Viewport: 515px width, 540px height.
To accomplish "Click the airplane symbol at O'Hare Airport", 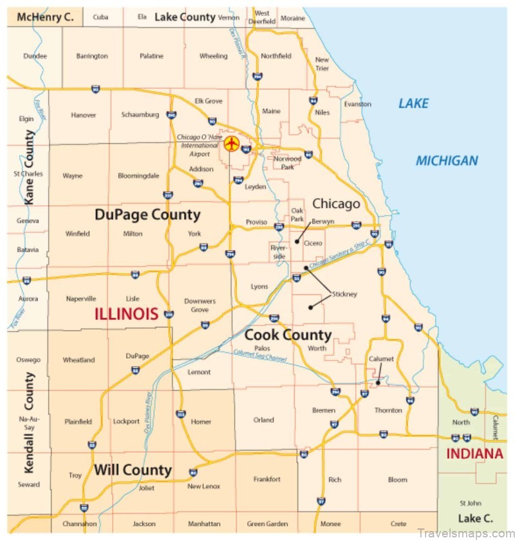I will [x=231, y=142].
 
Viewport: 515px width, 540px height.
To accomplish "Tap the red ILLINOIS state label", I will [x=126, y=314].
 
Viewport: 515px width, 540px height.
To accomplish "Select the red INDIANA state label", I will [x=474, y=454].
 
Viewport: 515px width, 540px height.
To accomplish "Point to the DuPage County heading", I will [x=147, y=215].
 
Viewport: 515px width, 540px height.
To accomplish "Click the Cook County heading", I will [x=288, y=334].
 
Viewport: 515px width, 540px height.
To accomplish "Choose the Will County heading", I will [x=133, y=470].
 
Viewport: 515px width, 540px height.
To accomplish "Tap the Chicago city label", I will [x=336, y=204].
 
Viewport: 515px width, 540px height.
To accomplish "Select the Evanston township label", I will [x=357, y=104].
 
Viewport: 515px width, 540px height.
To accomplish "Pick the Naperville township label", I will [x=81, y=298].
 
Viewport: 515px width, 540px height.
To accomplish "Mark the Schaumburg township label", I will [x=140, y=115].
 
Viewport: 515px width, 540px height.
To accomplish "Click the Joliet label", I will [x=146, y=488].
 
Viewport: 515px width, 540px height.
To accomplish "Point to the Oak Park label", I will [x=297, y=215].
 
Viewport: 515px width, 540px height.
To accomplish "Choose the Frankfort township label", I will [x=267, y=479].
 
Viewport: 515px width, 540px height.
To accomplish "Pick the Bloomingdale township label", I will [x=138, y=175].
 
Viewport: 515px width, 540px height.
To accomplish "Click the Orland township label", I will [x=263, y=420].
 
